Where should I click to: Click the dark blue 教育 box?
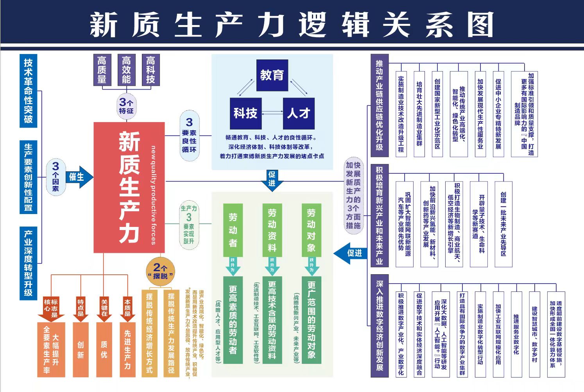[272, 75]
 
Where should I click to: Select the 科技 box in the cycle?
[245, 113]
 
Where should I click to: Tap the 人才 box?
[299, 113]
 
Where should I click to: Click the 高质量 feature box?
[102, 70]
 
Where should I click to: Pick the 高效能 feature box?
[126, 70]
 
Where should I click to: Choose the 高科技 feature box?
[150, 70]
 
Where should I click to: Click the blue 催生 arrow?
[79, 177]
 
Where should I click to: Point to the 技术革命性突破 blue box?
[28, 91]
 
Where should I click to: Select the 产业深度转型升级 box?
[28, 263]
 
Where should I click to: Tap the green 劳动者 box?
[233, 230]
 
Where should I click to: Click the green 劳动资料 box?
[272, 230]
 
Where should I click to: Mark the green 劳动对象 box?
[311, 230]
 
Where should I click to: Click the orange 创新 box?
[81, 349]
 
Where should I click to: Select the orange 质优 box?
[104, 349]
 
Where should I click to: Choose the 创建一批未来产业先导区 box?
[503, 224]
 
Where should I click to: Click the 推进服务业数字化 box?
[516, 334]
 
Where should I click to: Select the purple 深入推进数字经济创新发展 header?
[380, 326]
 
